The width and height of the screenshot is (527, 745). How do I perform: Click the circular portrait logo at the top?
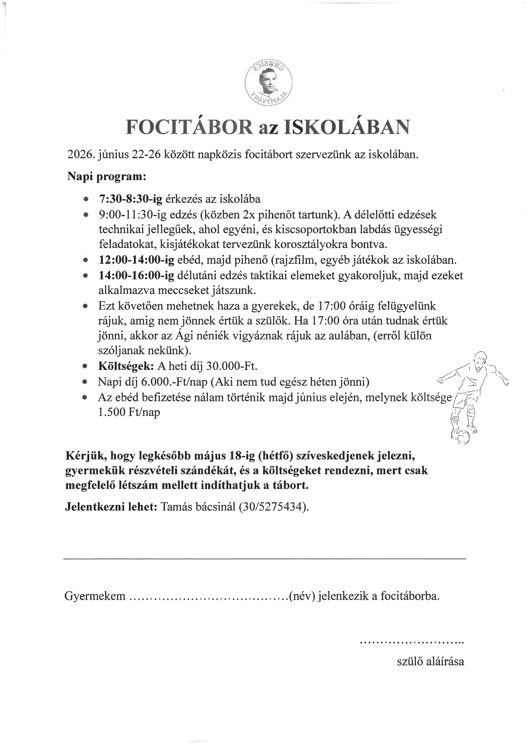point(269,82)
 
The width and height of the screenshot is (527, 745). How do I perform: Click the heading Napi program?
point(107,176)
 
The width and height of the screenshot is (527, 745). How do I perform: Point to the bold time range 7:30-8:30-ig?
point(130,199)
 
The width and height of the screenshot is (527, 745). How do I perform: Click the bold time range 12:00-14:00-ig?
point(136,260)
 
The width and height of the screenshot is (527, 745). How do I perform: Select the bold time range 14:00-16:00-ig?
point(136,275)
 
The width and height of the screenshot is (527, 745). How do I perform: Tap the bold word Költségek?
point(126,366)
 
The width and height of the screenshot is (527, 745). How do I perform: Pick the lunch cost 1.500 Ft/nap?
point(129,412)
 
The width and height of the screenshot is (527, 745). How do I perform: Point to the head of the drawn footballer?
point(479,360)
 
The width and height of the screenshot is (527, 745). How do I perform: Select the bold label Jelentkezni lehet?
point(111,507)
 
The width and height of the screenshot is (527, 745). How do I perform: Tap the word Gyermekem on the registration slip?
point(95,596)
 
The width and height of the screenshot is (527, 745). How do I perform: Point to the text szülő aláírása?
point(430,661)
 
